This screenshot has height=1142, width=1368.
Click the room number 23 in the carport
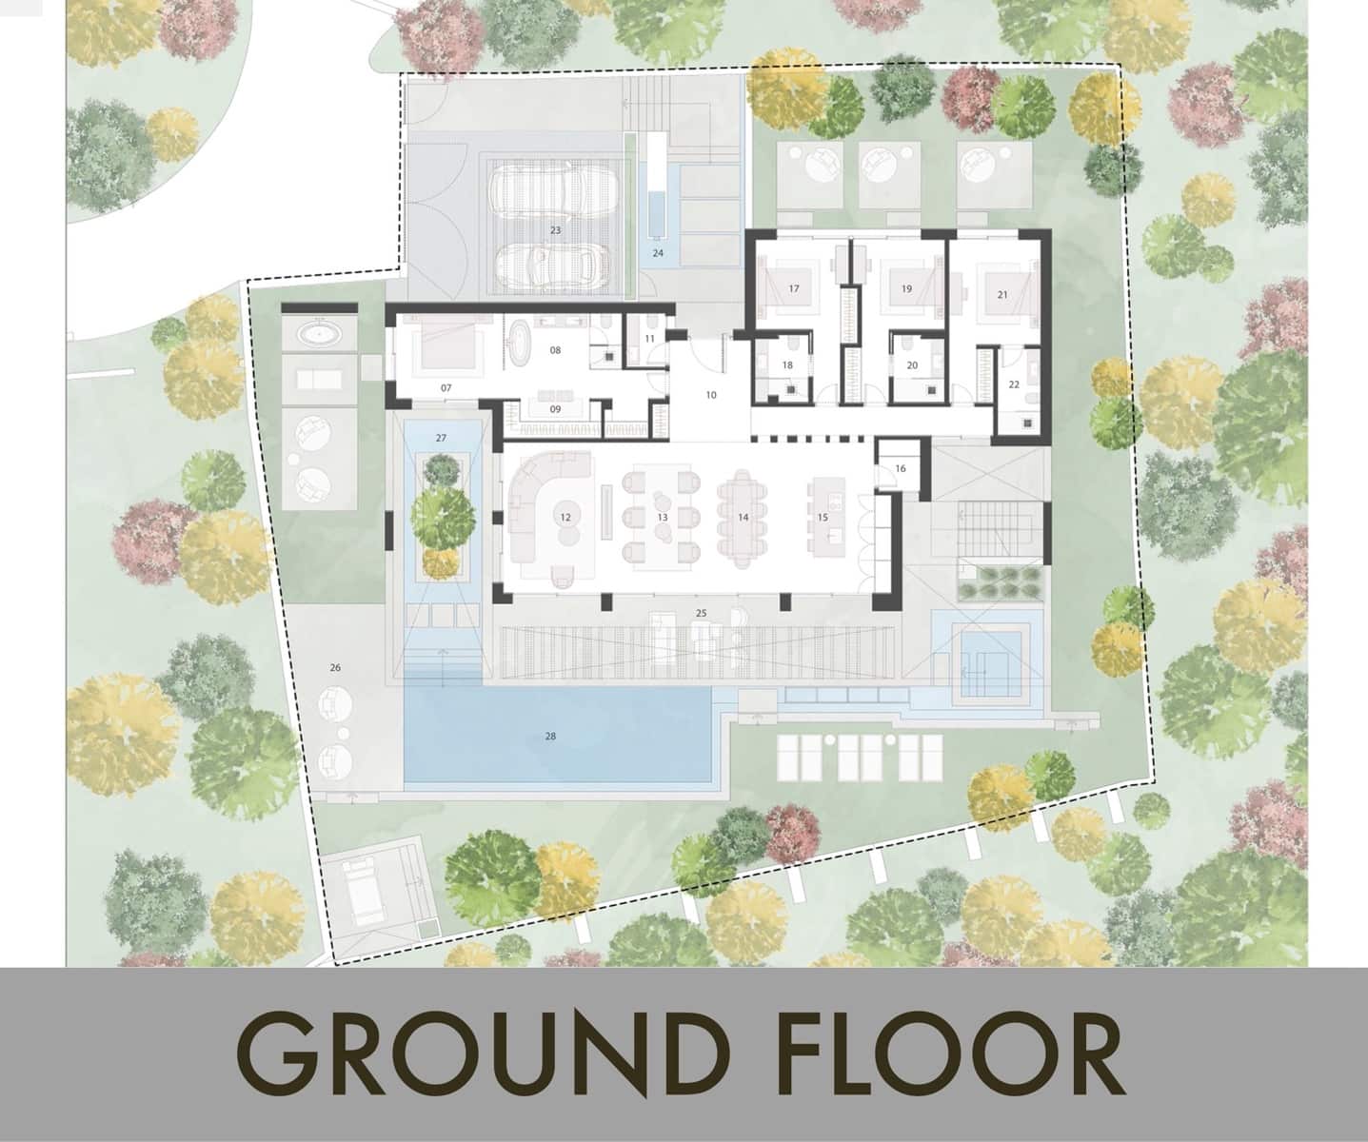click(556, 230)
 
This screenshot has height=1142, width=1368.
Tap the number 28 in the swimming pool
click(550, 737)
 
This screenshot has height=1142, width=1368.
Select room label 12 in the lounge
click(565, 517)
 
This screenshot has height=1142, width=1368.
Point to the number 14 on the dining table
click(743, 517)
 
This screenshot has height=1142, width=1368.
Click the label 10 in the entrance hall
click(711, 395)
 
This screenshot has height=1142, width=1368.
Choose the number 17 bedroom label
click(794, 288)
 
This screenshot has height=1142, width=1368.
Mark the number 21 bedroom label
click(1002, 295)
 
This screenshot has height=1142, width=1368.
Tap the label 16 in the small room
click(901, 468)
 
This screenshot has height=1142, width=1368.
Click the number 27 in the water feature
click(441, 438)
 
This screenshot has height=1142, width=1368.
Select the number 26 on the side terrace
click(335, 668)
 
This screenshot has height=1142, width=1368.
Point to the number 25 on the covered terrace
click(701, 613)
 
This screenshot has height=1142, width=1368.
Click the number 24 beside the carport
click(658, 253)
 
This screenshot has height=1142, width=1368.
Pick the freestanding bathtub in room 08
click(522, 344)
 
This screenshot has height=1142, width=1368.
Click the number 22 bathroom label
click(1014, 384)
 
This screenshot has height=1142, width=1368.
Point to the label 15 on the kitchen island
click(823, 517)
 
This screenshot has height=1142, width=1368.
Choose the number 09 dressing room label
click(555, 409)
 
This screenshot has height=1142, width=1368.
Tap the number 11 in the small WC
click(649, 339)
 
